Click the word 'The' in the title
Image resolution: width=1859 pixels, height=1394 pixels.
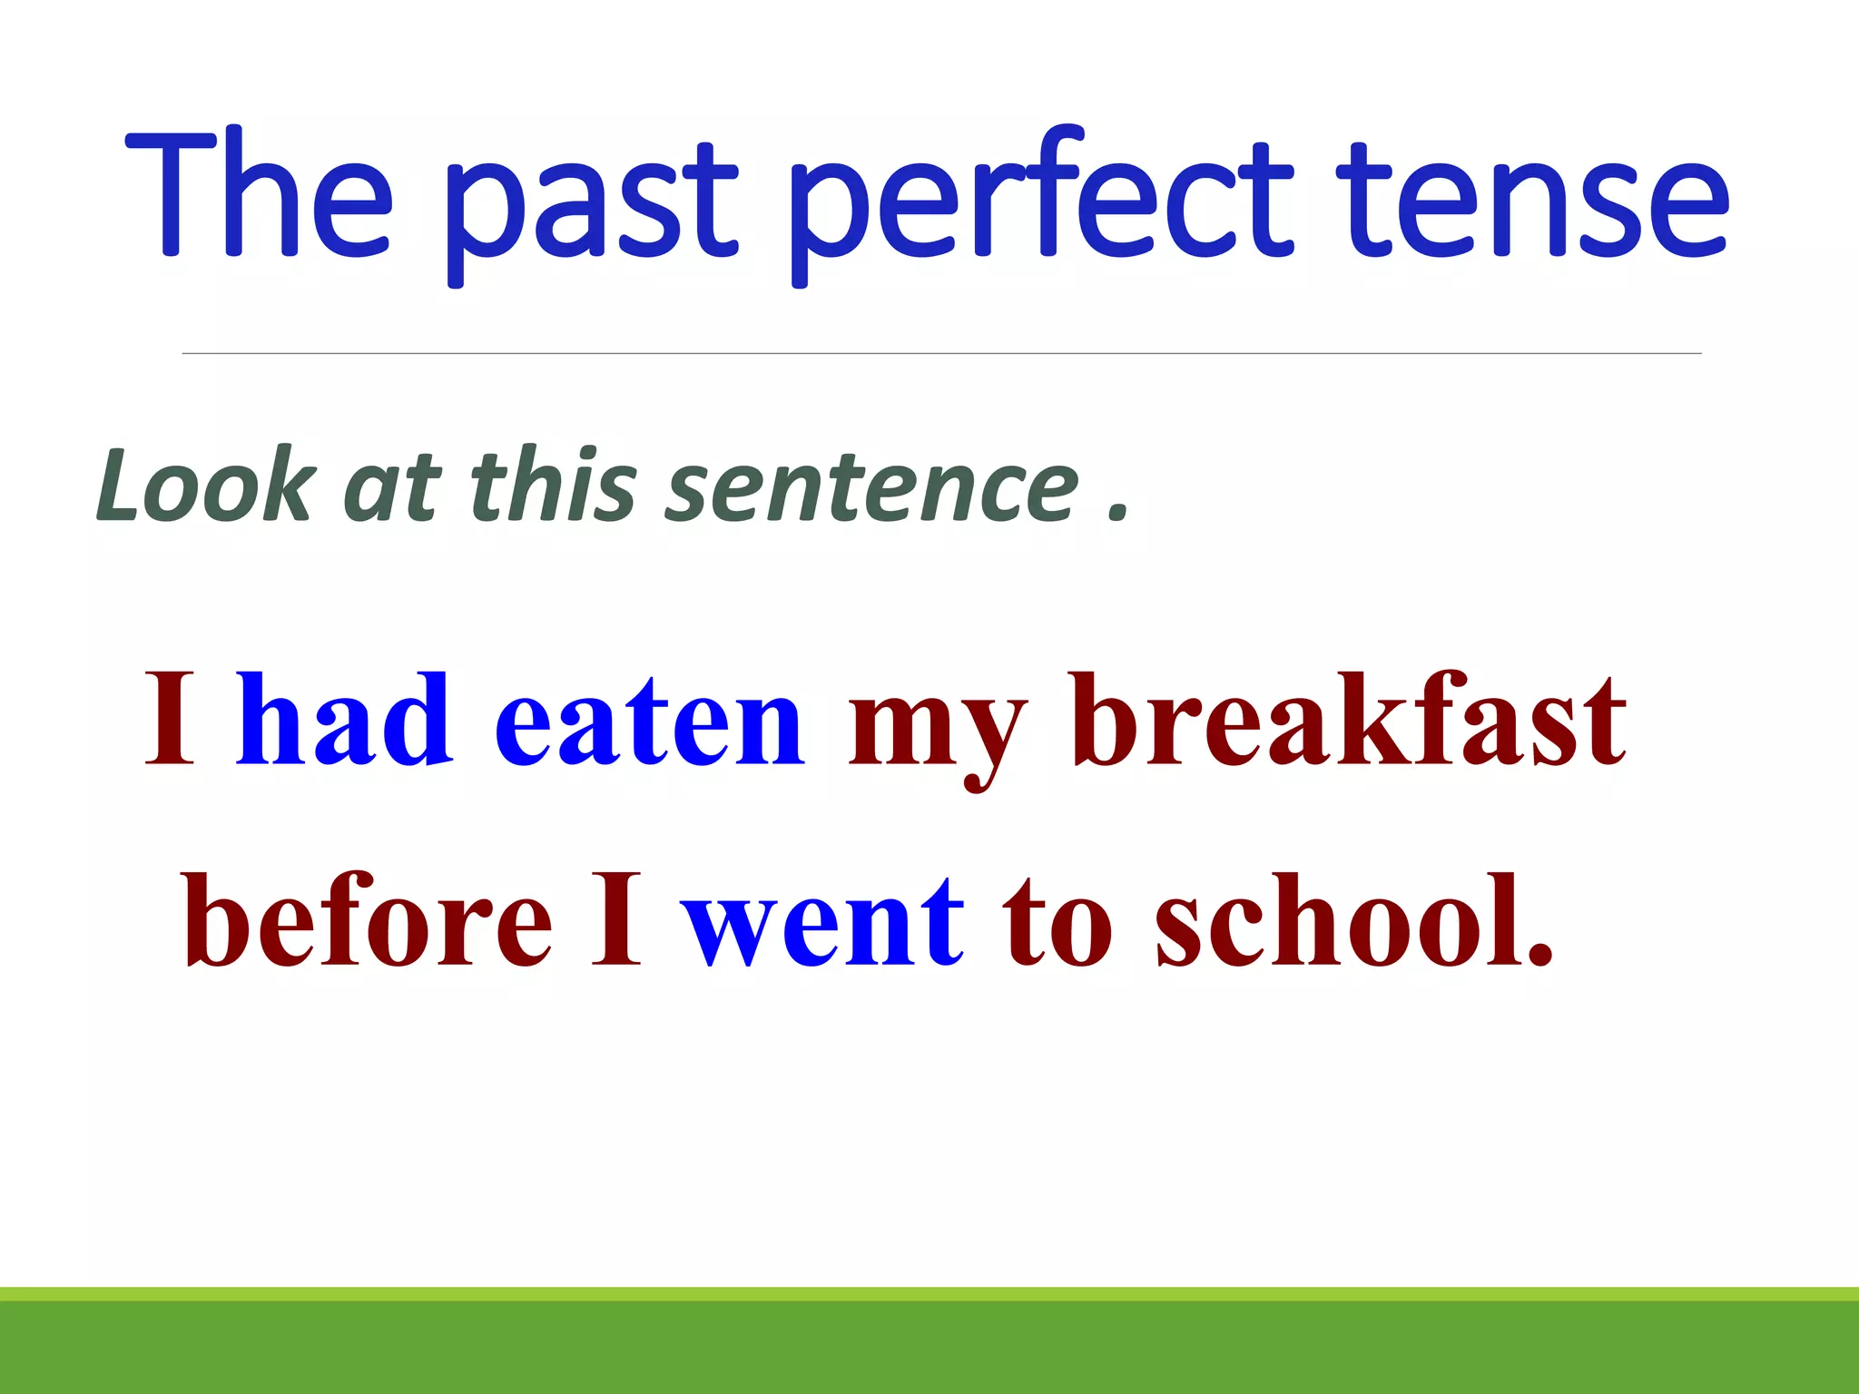pyautogui.click(x=259, y=195)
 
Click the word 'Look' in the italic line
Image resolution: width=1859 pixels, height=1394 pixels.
pyautogui.click(x=205, y=486)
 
